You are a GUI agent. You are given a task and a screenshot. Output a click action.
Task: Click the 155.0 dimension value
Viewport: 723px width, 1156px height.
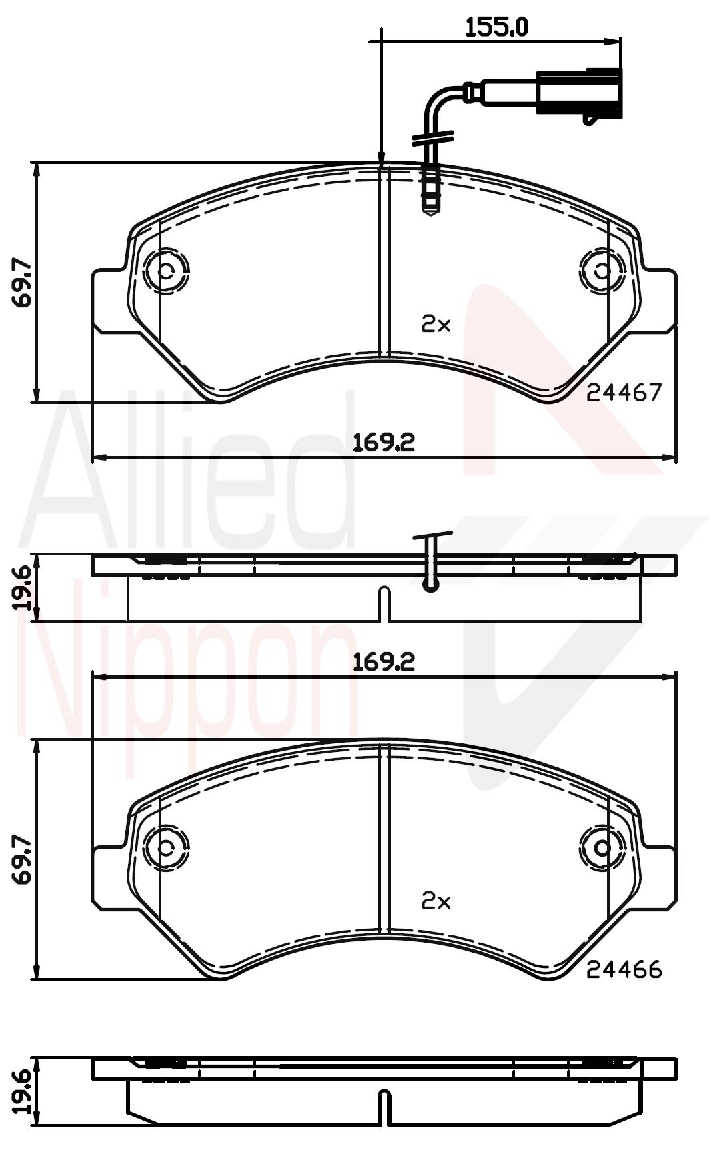pyautogui.click(x=496, y=27)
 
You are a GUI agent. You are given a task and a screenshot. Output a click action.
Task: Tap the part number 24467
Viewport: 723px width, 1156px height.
pyautogui.click(x=624, y=393)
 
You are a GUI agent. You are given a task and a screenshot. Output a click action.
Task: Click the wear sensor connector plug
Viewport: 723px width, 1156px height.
pyautogui.click(x=579, y=95)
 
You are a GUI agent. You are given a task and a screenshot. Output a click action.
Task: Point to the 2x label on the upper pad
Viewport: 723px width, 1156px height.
pyautogui.click(x=436, y=325)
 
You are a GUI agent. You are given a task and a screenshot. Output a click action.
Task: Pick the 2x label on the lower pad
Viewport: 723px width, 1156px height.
pyautogui.click(x=436, y=901)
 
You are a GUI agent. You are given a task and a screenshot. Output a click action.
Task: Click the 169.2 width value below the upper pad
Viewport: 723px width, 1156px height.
pyautogui.click(x=384, y=441)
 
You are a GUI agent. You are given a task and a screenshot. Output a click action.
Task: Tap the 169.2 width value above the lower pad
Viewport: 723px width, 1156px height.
pyautogui.click(x=384, y=661)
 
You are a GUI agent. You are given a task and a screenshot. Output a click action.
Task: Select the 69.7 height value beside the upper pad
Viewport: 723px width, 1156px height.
pyautogui.click(x=23, y=283)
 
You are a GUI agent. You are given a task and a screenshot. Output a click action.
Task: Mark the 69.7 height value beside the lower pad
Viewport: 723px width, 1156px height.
pyautogui.click(x=23, y=860)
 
